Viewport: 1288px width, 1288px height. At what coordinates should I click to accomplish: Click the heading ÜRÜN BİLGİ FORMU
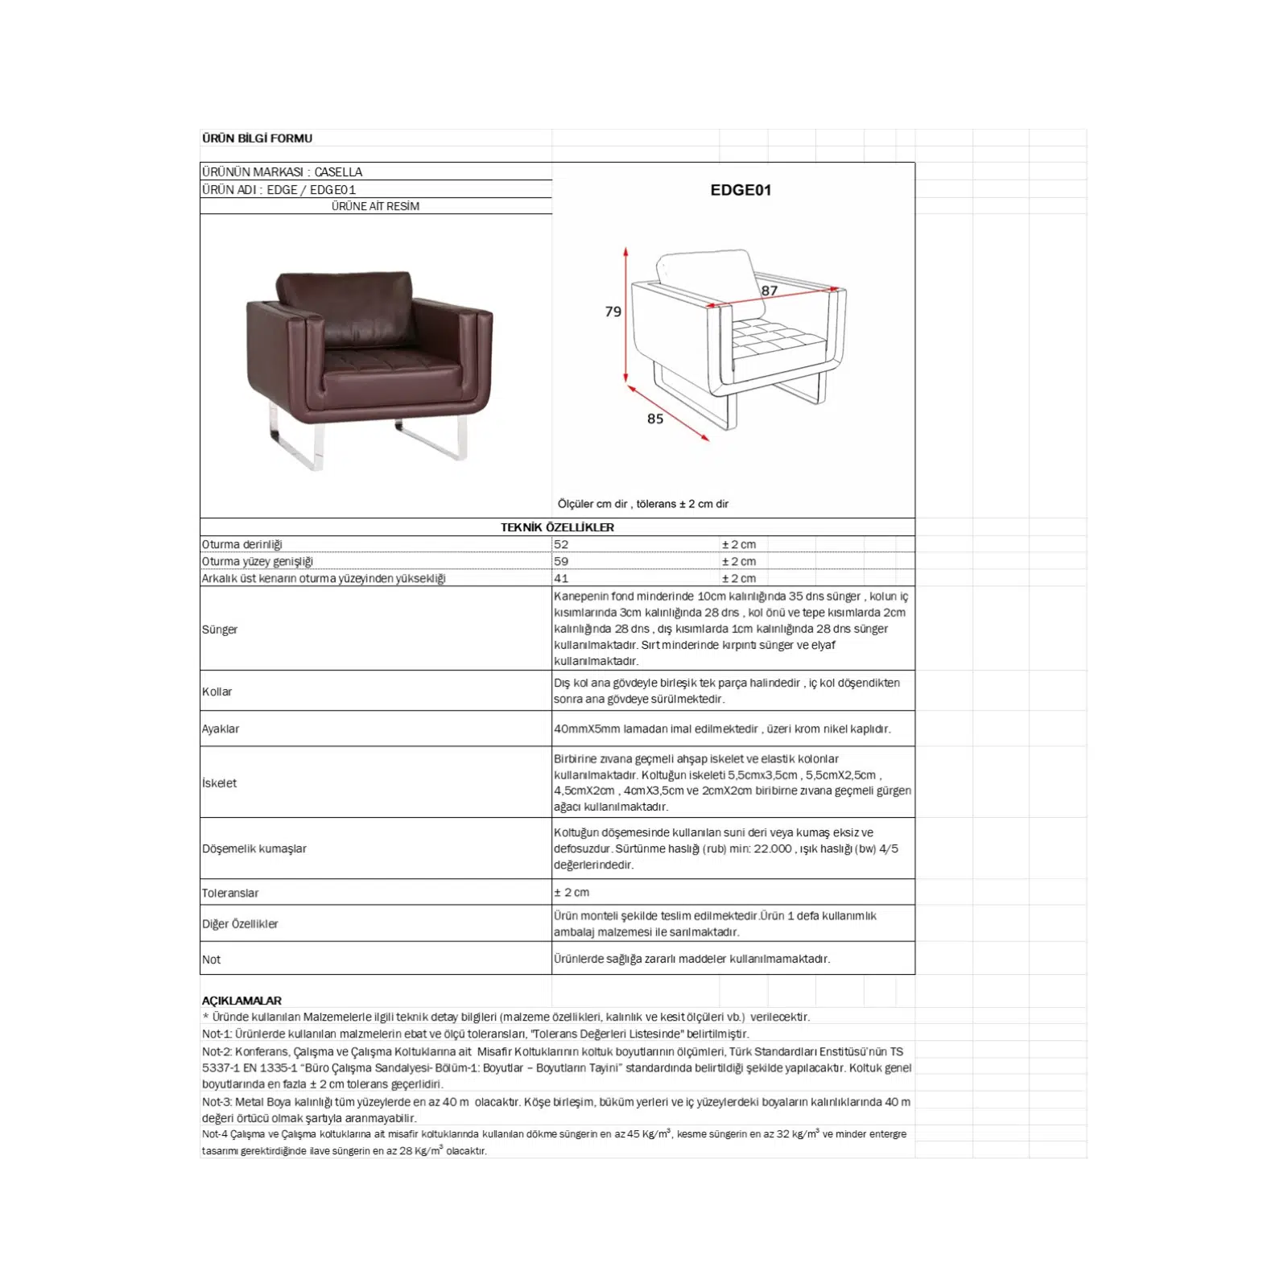click(x=257, y=138)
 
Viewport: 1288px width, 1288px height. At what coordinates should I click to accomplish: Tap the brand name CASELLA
click(x=338, y=172)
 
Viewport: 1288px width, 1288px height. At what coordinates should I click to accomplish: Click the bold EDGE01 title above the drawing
click(x=741, y=191)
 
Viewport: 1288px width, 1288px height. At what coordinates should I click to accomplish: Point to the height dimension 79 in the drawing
click(x=613, y=312)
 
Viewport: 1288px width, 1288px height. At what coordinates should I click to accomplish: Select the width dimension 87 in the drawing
click(x=770, y=291)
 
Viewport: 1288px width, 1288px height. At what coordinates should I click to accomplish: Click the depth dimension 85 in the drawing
click(x=655, y=419)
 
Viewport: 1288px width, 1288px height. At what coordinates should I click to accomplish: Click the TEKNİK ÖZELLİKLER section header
click(x=557, y=528)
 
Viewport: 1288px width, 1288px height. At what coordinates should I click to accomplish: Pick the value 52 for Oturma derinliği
click(x=561, y=545)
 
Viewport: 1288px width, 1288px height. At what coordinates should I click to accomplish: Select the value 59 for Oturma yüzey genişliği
click(x=561, y=562)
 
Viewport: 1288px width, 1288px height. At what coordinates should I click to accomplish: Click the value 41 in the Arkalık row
click(x=561, y=579)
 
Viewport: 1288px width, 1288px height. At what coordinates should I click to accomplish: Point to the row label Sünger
click(x=220, y=630)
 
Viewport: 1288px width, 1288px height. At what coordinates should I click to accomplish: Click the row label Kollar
click(x=217, y=691)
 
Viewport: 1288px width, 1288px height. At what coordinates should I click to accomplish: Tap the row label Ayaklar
click(x=221, y=729)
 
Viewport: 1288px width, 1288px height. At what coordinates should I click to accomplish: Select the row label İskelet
click(x=220, y=783)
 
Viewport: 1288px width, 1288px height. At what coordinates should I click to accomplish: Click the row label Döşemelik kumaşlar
click(x=254, y=849)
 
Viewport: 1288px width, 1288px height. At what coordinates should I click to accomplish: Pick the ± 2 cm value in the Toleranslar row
click(x=572, y=893)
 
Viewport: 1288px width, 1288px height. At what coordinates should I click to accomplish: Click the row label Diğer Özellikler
click(x=240, y=924)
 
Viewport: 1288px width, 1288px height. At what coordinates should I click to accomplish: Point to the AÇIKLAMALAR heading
click(x=242, y=1001)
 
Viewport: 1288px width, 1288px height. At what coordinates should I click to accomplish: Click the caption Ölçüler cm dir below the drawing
click(x=592, y=505)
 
